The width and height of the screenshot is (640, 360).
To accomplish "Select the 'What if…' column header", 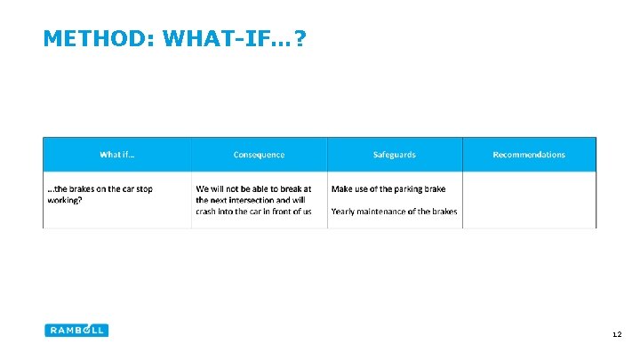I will (x=117, y=155).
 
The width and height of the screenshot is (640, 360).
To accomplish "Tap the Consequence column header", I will (x=259, y=155).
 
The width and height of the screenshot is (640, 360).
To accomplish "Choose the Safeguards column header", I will (x=394, y=155).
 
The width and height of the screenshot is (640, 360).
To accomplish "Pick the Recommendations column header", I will (x=529, y=155).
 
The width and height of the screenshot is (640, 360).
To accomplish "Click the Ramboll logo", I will (x=76, y=330).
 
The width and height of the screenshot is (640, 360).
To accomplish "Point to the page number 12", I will (x=617, y=335).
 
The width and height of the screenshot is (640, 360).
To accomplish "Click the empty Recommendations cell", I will (x=529, y=200).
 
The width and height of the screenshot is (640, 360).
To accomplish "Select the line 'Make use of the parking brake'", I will (x=388, y=188).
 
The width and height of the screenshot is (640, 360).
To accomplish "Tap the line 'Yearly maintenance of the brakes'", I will (x=394, y=212).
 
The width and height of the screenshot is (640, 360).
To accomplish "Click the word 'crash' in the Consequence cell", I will (x=209, y=212).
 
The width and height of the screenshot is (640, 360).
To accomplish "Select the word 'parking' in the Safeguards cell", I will (x=405, y=188).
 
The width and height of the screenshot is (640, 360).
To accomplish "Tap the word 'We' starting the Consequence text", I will (x=203, y=188).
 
